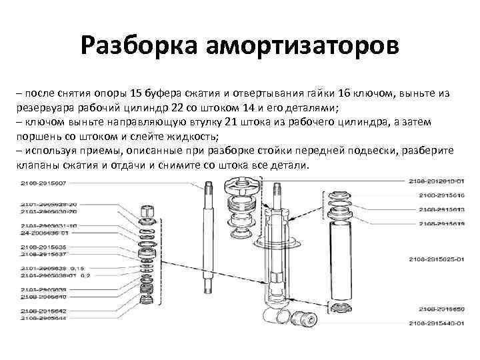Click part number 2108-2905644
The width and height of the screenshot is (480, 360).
click(43, 317)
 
